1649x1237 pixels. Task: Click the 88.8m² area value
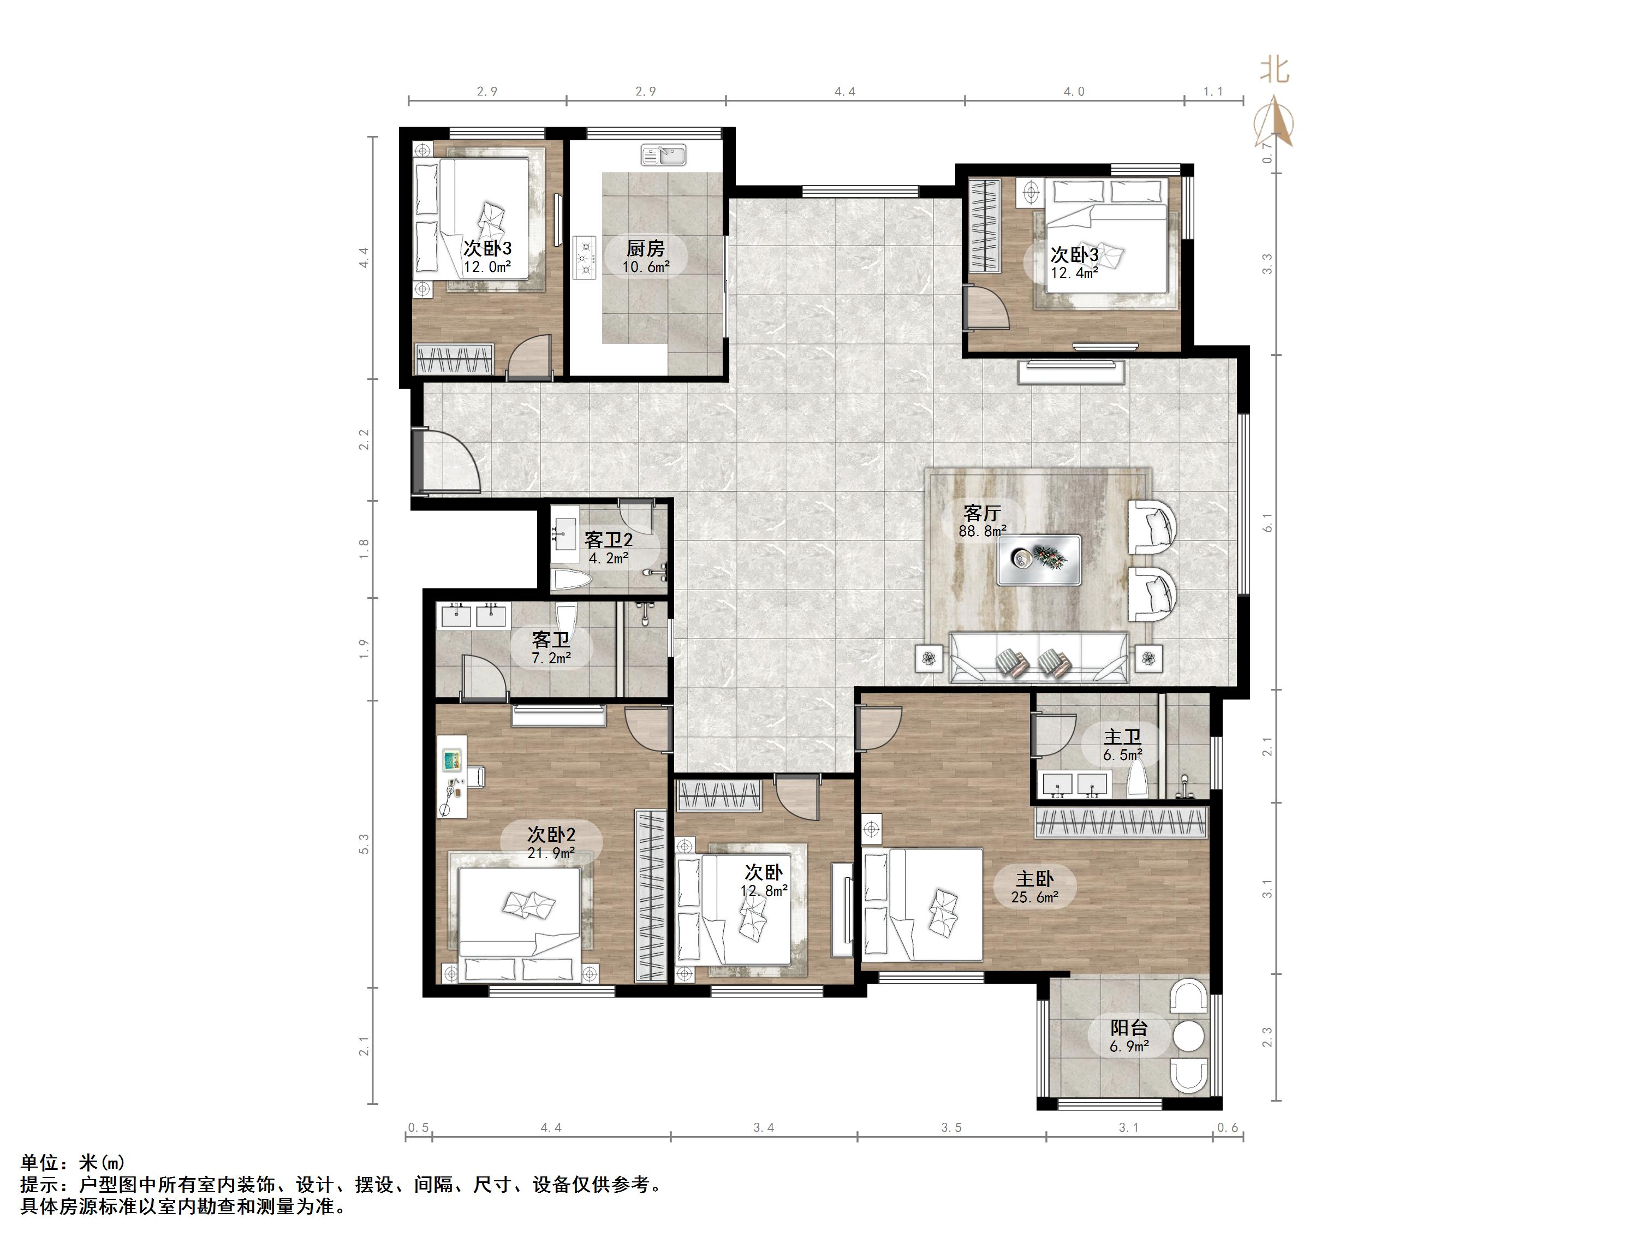pos(983,531)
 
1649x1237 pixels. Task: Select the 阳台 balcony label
pos(1129,1028)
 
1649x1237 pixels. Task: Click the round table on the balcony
pos(1188,1037)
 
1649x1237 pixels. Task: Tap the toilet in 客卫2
pos(573,581)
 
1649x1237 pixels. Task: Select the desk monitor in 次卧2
pos(451,760)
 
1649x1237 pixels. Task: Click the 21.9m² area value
pos(551,853)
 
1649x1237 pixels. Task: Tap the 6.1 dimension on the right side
pos(1267,524)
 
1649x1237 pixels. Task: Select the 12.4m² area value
pos(1074,273)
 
